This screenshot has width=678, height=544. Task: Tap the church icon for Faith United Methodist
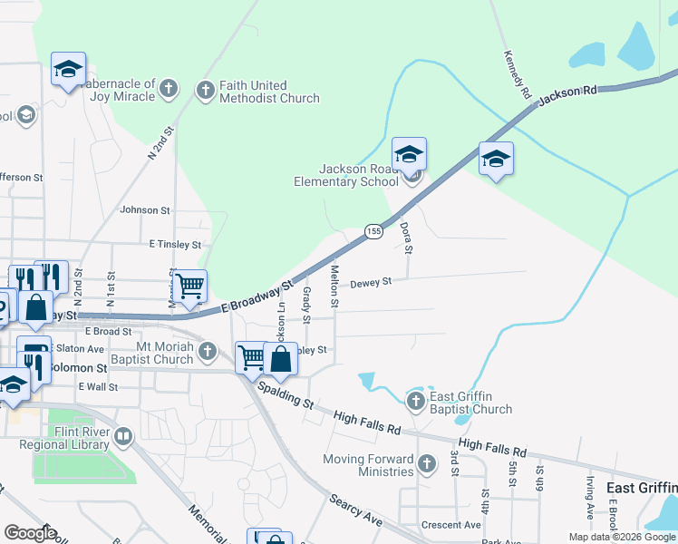pyautogui.click(x=206, y=91)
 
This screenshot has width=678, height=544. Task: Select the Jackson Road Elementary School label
pyautogui.click(x=358, y=175)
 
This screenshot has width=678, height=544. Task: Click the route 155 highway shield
pyautogui.click(x=373, y=232)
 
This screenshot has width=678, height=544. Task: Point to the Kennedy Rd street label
pyautogui.click(x=517, y=74)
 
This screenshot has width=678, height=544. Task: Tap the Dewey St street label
pyautogui.click(x=371, y=282)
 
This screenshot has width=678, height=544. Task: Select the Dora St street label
pyautogui.click(x=408, y=238)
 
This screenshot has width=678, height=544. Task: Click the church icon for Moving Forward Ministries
pyautogui.click(x=427, y=465)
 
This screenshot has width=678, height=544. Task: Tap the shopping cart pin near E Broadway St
pyautogui.click(x=190, y=287)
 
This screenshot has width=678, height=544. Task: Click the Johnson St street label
pyautogui.click(x=145, y=210)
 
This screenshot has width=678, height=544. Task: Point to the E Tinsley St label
pyautogui.click(x=175, y=245)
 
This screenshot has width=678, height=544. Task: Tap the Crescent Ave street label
pyautogui.click(x=450, y=525)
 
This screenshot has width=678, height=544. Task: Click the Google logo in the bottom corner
pyautogui.click(x=30, y=533)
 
